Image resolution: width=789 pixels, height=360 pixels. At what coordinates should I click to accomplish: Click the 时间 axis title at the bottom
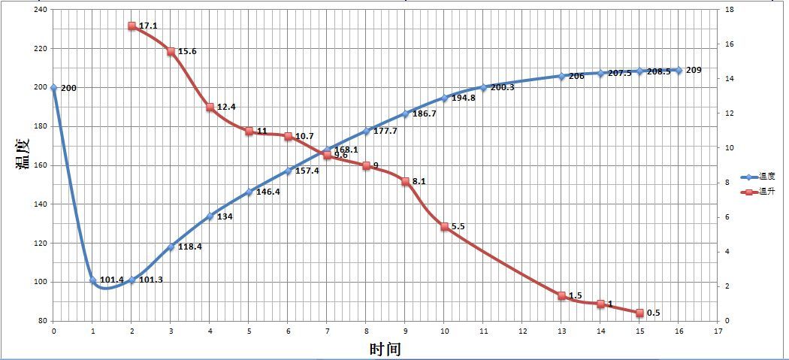coord(385,349)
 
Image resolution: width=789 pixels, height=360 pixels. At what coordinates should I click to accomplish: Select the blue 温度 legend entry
coord(757,177)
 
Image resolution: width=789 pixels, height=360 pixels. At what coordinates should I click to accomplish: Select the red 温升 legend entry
coord(757,192)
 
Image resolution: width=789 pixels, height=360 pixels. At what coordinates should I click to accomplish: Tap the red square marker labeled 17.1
coord(131,26)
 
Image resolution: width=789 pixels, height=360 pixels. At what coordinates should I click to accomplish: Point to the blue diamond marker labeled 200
coord(53,87)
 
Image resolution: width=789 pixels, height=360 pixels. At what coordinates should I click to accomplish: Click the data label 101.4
coord(111,280)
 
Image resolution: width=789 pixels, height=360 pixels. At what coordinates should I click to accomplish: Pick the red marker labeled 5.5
coord(444,226)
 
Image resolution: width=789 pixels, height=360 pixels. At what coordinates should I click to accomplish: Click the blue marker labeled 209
coord(679,70)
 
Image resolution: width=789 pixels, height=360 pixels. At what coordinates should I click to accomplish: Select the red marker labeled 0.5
coord(639,313)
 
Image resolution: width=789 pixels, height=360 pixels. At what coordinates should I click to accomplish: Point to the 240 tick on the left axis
coord(39,10)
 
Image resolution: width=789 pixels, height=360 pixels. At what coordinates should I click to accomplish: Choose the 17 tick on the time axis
coord(718,329)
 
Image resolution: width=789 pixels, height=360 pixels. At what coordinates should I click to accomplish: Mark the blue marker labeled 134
coord(210,216)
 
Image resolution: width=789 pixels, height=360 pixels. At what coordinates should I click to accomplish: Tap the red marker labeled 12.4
coord(210,107)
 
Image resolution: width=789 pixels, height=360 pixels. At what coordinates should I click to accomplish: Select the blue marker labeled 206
coord(561,76)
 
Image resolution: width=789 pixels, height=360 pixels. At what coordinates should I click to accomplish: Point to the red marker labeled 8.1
coord(405,181)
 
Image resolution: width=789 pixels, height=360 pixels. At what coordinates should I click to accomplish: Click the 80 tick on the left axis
coord(41,321)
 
